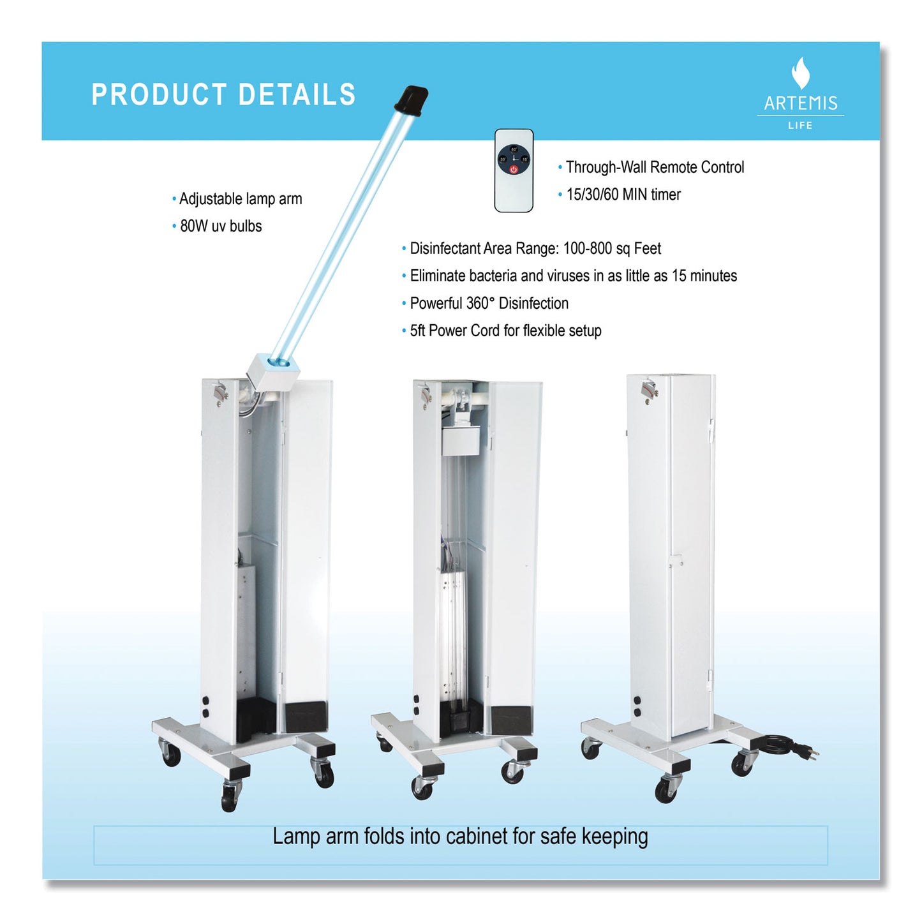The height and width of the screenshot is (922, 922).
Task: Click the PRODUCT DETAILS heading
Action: click(x=223, y=94)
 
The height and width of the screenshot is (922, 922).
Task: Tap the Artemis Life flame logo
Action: click(x=801, y=73)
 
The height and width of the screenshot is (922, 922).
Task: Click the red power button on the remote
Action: click(x=514, y=169)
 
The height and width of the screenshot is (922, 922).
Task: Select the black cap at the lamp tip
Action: click(x=410, y=100)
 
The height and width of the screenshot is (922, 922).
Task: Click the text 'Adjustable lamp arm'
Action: click(x=241, y=199)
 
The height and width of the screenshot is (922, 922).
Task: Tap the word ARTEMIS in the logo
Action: click(x=801, y=103)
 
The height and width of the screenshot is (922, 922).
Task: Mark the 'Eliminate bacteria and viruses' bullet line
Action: click(x=573, y=276)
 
